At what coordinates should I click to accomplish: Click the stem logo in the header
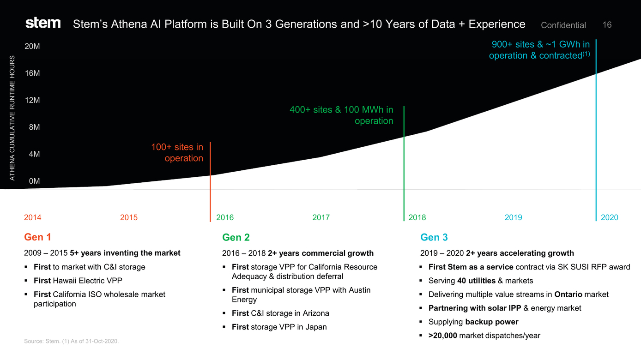tap(43, 23)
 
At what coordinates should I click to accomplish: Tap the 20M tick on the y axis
tap(32, 47)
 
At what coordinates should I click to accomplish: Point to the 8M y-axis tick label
tap(34, 127)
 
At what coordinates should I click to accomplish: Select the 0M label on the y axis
tap(34, 181)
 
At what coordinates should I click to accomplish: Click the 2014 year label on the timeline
tap(32, 217)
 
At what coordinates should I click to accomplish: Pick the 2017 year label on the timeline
tap(321, 217)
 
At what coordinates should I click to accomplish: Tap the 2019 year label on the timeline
tap(513, 217)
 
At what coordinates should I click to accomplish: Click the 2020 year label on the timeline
tap(609, 217)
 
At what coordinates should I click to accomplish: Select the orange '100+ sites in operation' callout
tap(177, 153)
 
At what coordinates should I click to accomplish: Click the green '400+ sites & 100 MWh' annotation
tap(342, 115)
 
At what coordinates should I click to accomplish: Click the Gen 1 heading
tap(37, 237)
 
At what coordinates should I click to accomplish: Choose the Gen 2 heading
tap(236, 237)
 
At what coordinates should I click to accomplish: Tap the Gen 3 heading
tap(434, 237)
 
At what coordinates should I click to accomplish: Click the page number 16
tap(607, 25)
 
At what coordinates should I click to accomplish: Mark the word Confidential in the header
tap(563, 25)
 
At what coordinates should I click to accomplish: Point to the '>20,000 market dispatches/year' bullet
tap(484, 336)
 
